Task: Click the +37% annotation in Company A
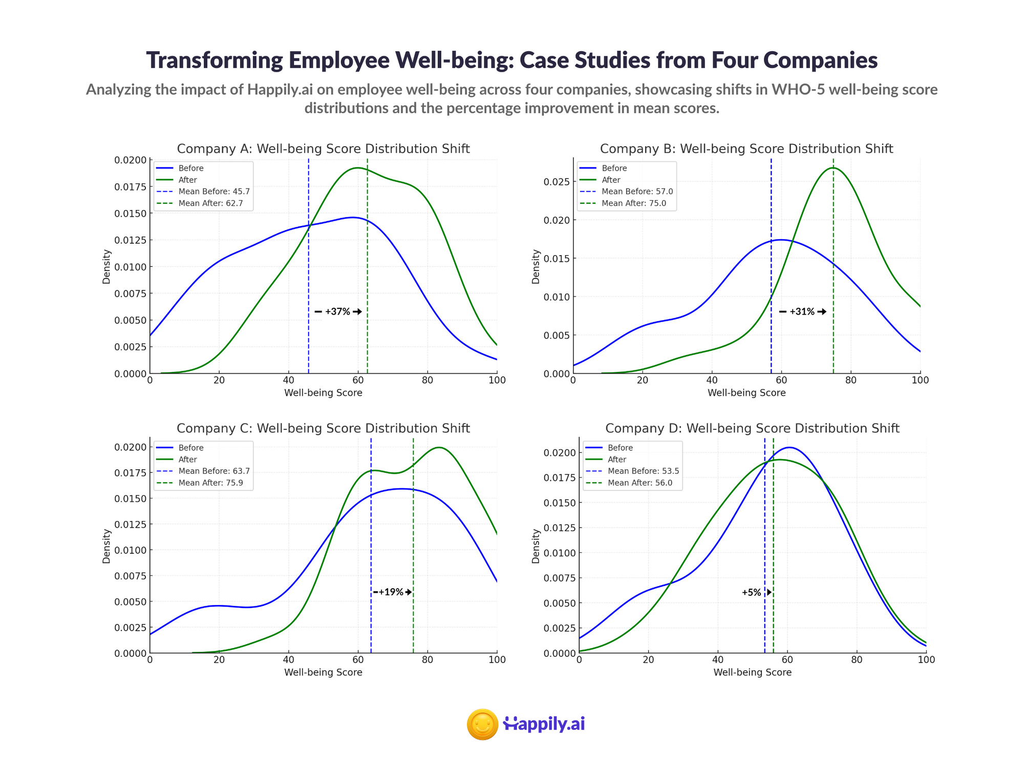tap(337, 311)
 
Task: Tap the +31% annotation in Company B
tap(802, 311)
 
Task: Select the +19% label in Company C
tap(391, 592)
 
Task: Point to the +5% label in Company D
tap(752, 592)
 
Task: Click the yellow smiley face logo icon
tap(482, 724)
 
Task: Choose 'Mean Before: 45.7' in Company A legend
tap(214, 192)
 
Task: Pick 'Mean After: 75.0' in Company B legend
tap(637, 203)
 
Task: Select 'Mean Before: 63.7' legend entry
tap(214, 471)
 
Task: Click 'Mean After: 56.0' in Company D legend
tap(643, 483)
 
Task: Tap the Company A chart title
tap(323, 149)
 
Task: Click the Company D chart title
tap(752, 428)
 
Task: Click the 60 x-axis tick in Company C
tap(358, 660)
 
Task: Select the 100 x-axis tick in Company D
tap(926, 660)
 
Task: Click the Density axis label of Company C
tap(106, 546)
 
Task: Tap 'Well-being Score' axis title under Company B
tap(746, 393)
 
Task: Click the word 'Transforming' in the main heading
tap(214, 60)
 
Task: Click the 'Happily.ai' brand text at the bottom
tap(544, 724)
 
